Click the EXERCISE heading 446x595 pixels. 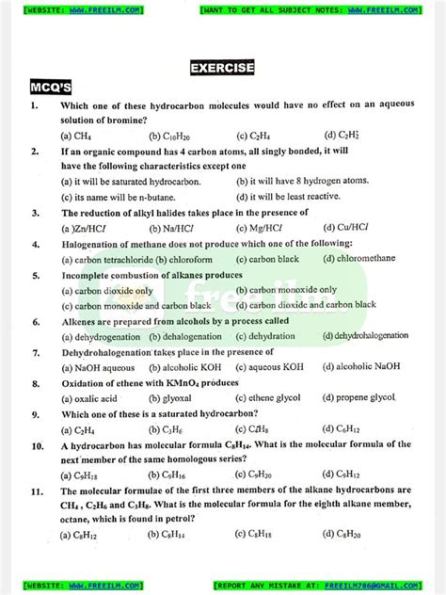tap(222, 68)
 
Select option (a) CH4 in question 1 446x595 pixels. tap(69, 135)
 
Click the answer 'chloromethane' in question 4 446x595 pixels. tap(373, 258)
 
